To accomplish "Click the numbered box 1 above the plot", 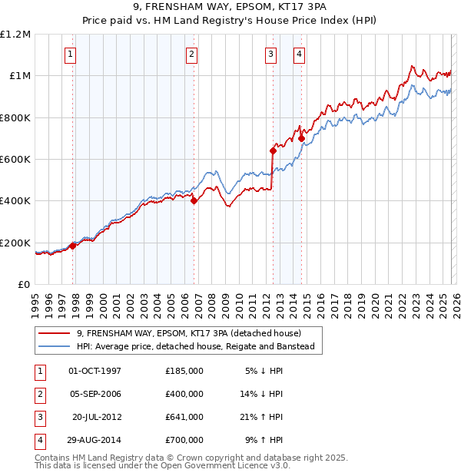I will pyautogui.click(x=70, y=54).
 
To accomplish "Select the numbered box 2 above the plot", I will pyautogui.click(x=191, y=54).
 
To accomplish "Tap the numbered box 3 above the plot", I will pyautogui.click(x=271, y=54).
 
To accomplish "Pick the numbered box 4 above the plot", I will pyautogui.click(x=299, y=54).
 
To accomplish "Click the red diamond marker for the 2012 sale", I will pyautogui.click(x=273, y=150).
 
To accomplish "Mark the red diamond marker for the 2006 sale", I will pyautogui.click(x=194, y=201).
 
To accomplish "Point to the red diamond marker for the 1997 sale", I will pyautogui.click(x=73, y=246).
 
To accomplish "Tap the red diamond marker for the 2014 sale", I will pyautogui.click(x=301, y=138).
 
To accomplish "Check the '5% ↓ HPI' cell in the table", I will pyautogui.click(x=261, y=371).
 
